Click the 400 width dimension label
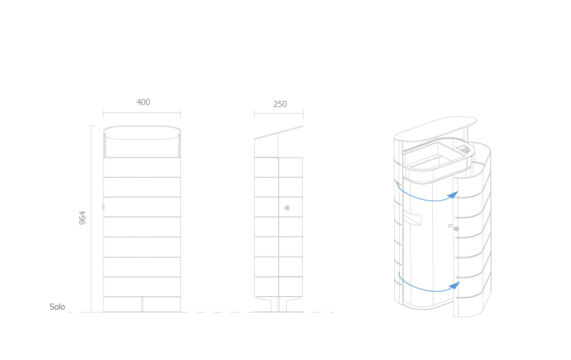(143, 102)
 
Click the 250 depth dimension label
(280, 104)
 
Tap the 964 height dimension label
(82, 218)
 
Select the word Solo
(57, 307)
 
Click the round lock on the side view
(287, 208)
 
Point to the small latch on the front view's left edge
(103, 207)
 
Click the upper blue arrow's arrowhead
(453, 195)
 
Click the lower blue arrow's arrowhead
(454, 285)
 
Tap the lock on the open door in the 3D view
(456, 228)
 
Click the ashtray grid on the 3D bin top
(463, 149)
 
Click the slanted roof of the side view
(278, 132)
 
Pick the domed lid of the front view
(142, 132)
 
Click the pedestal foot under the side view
(278, 305)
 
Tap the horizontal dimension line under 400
(142, 113)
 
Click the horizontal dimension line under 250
(278, 113)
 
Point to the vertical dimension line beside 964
(91, 219)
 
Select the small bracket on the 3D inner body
(412, 220)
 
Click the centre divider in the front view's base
(142, 304)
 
